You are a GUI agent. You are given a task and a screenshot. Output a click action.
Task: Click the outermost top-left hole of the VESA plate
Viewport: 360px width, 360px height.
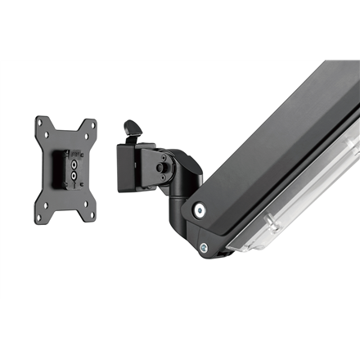coord(39,121)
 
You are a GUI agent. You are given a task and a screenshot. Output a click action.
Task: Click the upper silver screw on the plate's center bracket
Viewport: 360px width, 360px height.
coord(74,164)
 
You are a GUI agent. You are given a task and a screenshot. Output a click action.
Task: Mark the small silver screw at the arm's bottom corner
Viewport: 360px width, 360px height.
coord(204,247)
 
